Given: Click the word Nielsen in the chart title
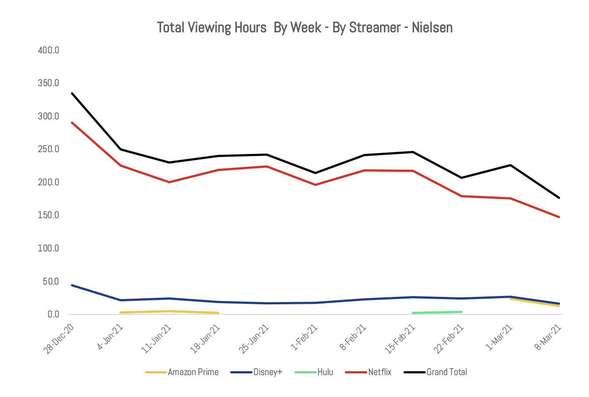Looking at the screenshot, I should click(432, 28).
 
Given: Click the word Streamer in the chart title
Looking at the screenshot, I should click(375, 28).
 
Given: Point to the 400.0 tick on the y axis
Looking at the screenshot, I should click(49, 50).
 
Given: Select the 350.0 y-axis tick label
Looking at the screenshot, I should click(49, 83).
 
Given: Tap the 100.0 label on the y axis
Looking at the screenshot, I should click(49, 248).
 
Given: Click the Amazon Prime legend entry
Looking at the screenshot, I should click(193, 372).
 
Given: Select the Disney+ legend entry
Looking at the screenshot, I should click(267, 372).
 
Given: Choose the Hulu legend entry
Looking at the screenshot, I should click(325, 372).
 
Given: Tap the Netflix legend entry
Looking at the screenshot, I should click(379, 372).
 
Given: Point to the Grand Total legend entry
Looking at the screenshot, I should click(446, 372).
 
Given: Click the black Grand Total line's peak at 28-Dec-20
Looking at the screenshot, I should click(72, 93).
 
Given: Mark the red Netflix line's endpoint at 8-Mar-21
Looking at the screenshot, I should click(559, 217).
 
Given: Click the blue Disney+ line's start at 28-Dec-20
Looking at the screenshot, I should click(72, 285).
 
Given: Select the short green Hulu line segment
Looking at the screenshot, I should click(437, 312).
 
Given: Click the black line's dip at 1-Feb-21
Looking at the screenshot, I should click(315, 173).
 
